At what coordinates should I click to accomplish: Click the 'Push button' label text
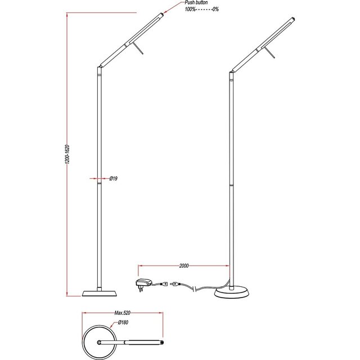(x=196, y=3)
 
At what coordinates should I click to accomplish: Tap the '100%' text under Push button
(x=191, y=10)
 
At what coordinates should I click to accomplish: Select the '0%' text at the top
(x=215, y=10)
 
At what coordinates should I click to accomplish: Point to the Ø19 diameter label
(x=113, y=178)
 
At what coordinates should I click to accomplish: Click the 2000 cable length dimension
(x=183, y=265)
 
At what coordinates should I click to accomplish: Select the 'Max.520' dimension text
(x=123, y=313)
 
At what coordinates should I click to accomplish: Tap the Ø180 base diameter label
(x=123, y=323)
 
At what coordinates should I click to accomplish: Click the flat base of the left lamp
(x=100, y=292)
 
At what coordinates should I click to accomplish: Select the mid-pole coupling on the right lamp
(x=231, y=184)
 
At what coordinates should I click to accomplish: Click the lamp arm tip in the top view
(x=164, y=341)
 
